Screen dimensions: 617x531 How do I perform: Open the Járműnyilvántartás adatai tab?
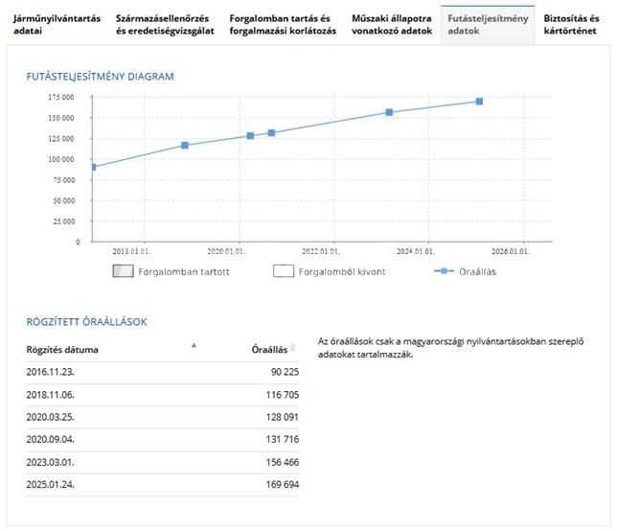tap(57, 24)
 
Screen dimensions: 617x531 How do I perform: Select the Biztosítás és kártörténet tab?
tap(571, 24)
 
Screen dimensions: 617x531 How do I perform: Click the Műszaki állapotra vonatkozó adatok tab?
tap(392, 24)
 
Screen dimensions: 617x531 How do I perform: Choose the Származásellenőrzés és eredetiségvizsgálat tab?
tap(165, 24)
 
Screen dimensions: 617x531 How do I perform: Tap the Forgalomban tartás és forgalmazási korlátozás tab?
tap(283, 24)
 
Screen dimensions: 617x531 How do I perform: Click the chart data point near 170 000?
tap(479, 102)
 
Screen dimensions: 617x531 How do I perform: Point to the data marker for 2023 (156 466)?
tap(389, 112)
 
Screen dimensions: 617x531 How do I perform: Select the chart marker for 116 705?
tap(185, 146)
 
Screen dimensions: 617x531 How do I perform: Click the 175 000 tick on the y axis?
tap(61, 97)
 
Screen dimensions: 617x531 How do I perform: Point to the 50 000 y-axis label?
tap(64, 200)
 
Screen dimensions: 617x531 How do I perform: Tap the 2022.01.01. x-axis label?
tap(321, 251)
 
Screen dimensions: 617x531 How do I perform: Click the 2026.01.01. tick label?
tap(511, 251)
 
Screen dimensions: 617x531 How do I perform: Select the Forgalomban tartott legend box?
tap(124, 271)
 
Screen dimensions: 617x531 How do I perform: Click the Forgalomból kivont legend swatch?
tap(284, 271)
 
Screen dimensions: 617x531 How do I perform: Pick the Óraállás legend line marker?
tap(444, 271)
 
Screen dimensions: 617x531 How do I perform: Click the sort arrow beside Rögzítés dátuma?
tap(194, 346)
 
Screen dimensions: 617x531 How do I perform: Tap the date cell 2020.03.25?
tap(51, 417)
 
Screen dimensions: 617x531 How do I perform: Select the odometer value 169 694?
tap(283, 485)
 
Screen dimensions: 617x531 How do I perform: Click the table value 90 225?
tap(285, 372)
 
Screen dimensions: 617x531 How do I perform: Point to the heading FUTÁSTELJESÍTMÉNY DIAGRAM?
tap(100, 77)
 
